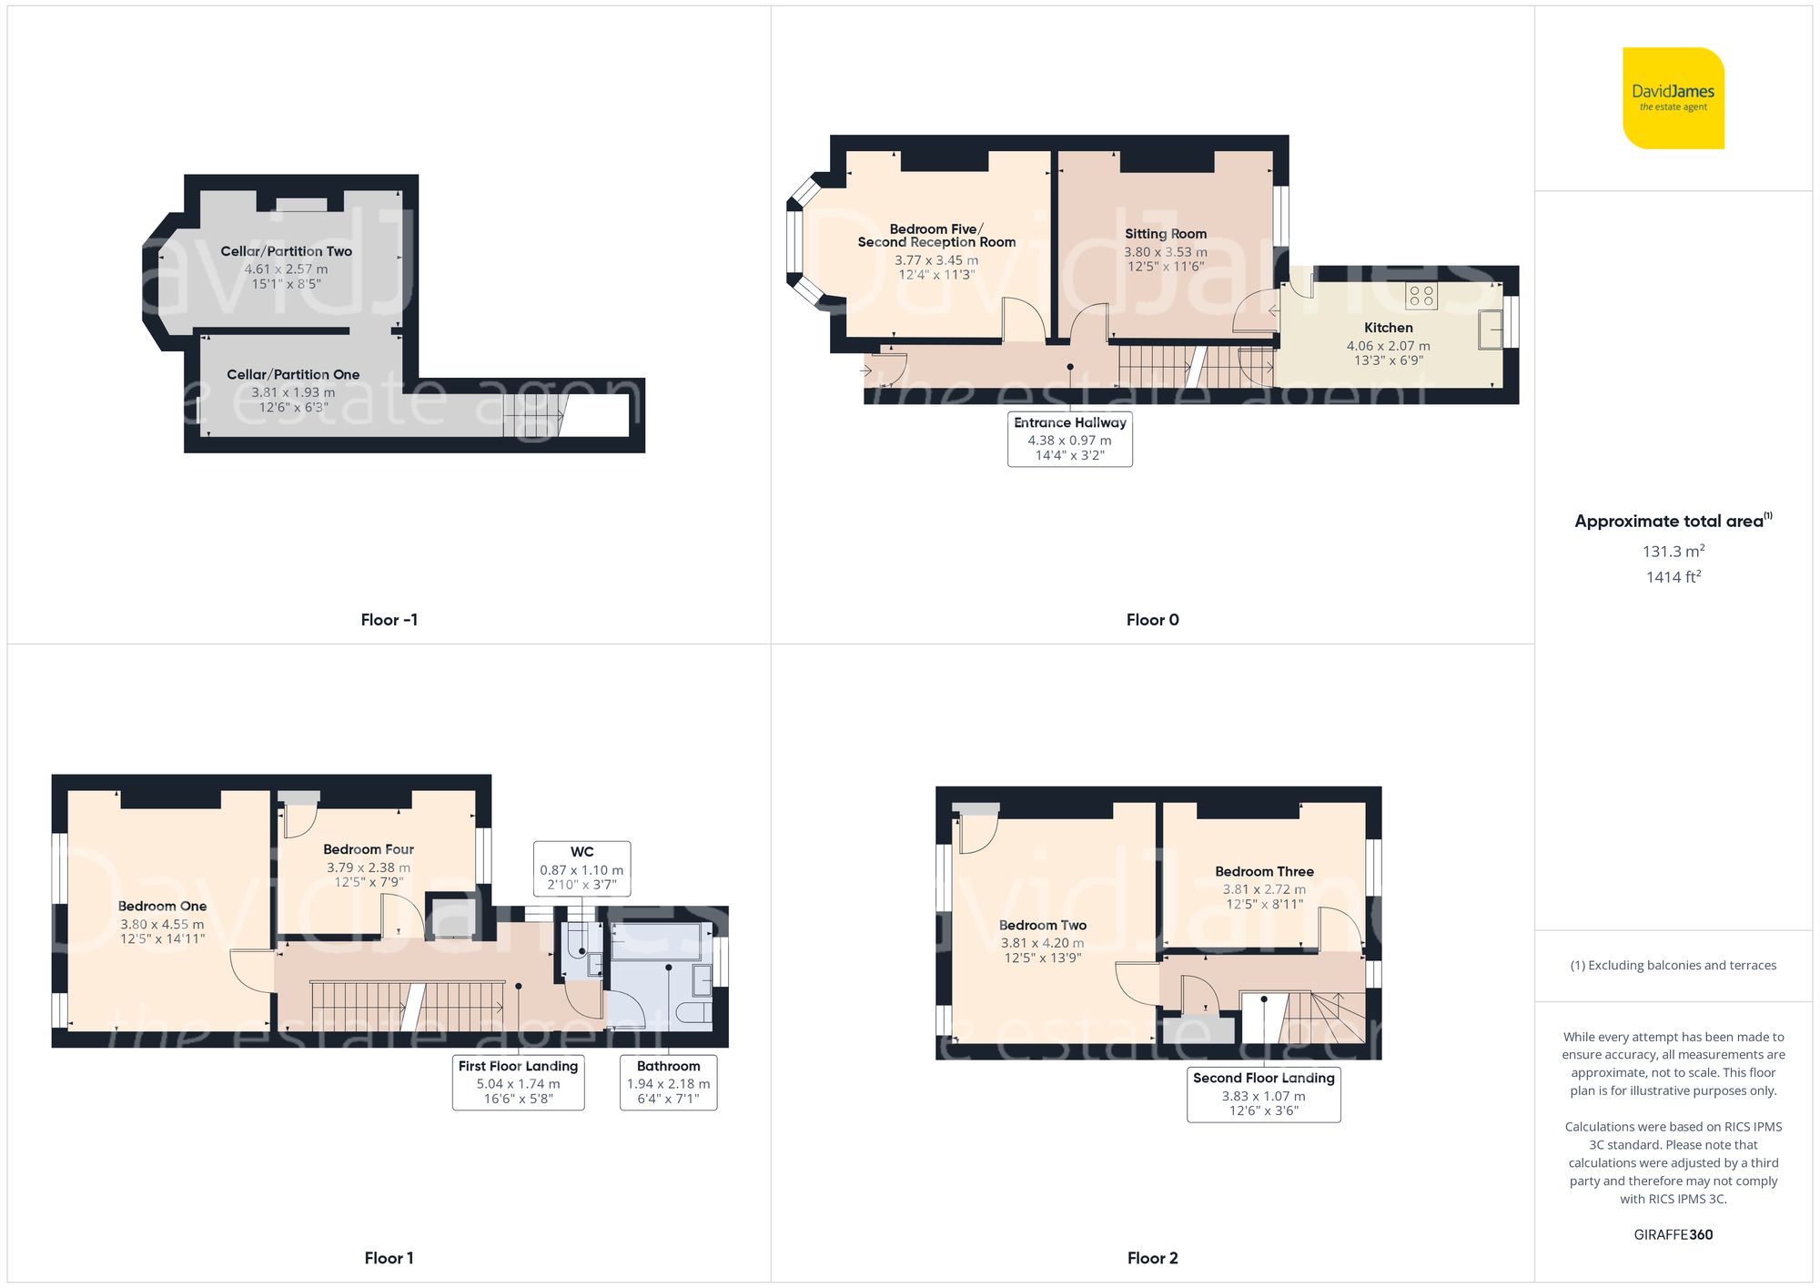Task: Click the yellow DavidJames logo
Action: click(x=1673, y=98)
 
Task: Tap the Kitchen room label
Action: click(x=1388, y=328)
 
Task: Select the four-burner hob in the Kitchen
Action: click(x=1421, y=295)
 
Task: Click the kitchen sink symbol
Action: click(x=1490, y=330)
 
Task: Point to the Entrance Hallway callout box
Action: click(x=1069, y=439)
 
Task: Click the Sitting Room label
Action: click(x=1165, y=234)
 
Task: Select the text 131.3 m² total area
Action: click(x=1673, y=551)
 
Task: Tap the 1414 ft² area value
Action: click(x=1673, y=576)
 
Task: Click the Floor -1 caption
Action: click(x=389, y=620)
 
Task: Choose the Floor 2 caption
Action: click(x=1152, y=1258)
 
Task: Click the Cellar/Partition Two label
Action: click(x=286, y=251)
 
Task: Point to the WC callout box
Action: click(x=581, y=868)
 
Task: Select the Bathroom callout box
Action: click(x=668, y=1081)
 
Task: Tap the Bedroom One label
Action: click(x=162, y=906)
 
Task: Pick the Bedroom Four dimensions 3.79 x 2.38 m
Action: click(x=368, y=867)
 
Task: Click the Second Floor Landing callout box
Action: click(x=1263, y=1094)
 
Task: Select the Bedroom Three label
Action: click(x=1264, y=871)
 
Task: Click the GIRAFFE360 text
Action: click(x=1673, y=1234)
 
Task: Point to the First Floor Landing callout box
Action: click(x=518, y=1081)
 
